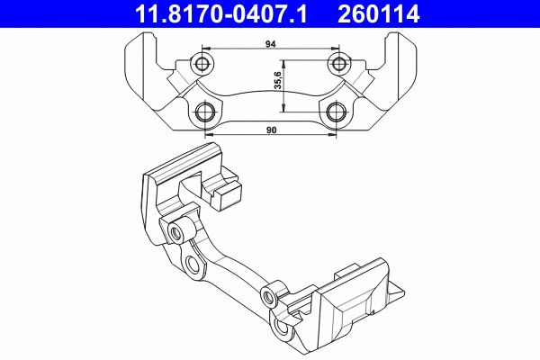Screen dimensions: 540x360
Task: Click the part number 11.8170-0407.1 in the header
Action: point(220,13)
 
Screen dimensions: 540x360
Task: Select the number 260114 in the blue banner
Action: point(379,13)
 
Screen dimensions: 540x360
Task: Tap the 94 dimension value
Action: point(271,44)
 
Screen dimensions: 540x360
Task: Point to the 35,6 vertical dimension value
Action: point(278,80)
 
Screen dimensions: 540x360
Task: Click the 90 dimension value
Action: point(272,130)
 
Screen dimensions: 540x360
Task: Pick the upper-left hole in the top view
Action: point(202,63)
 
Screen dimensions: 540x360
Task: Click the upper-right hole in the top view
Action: point(339,63)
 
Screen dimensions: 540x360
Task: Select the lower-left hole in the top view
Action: point(205,112)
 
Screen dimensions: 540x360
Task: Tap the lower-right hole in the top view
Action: point(336,112)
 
